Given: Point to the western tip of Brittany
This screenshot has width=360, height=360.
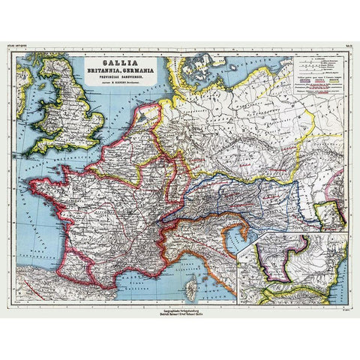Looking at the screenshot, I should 31,184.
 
